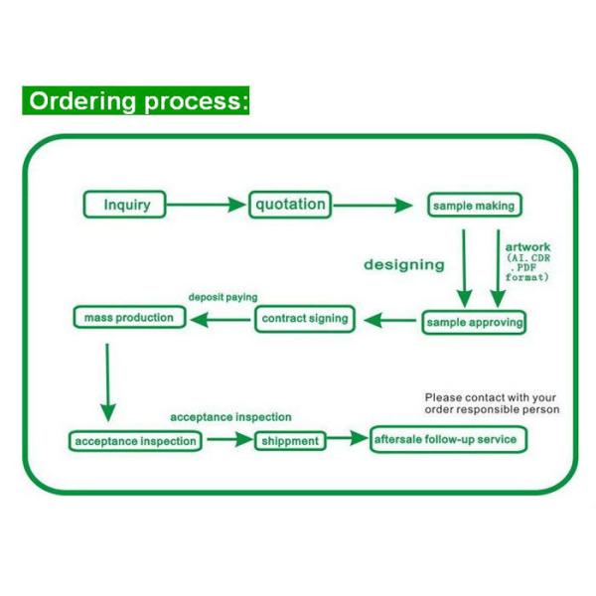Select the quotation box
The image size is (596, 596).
pyautogui.click(x=289, y=205)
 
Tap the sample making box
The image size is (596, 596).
pyautogui.click(x=474, y=206)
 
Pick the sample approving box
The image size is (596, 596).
pyautogui.click(x=474, y=322)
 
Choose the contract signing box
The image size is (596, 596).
pyautogui.click(x=306, y=319)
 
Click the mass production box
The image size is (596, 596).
pyautogui.click(x=128, y=318)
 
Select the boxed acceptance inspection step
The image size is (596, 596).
pyautogui.click(x=135, y=440)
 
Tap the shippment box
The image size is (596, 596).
pyautogui.click(x=290, y=440)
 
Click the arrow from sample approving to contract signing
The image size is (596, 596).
pyautogui.click(x=390, y=320)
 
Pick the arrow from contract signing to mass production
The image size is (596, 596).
pyautogui.click(x=221, y=319)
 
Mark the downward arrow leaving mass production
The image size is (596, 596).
pyautogui.click(x=107, y=381)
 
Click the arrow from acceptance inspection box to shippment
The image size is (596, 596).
pyautogui.click(x=228, y=439)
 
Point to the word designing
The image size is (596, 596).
pyautogui.click(x=404, y=264)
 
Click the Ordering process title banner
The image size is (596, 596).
pyautogui.click(x=137, y=101)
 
